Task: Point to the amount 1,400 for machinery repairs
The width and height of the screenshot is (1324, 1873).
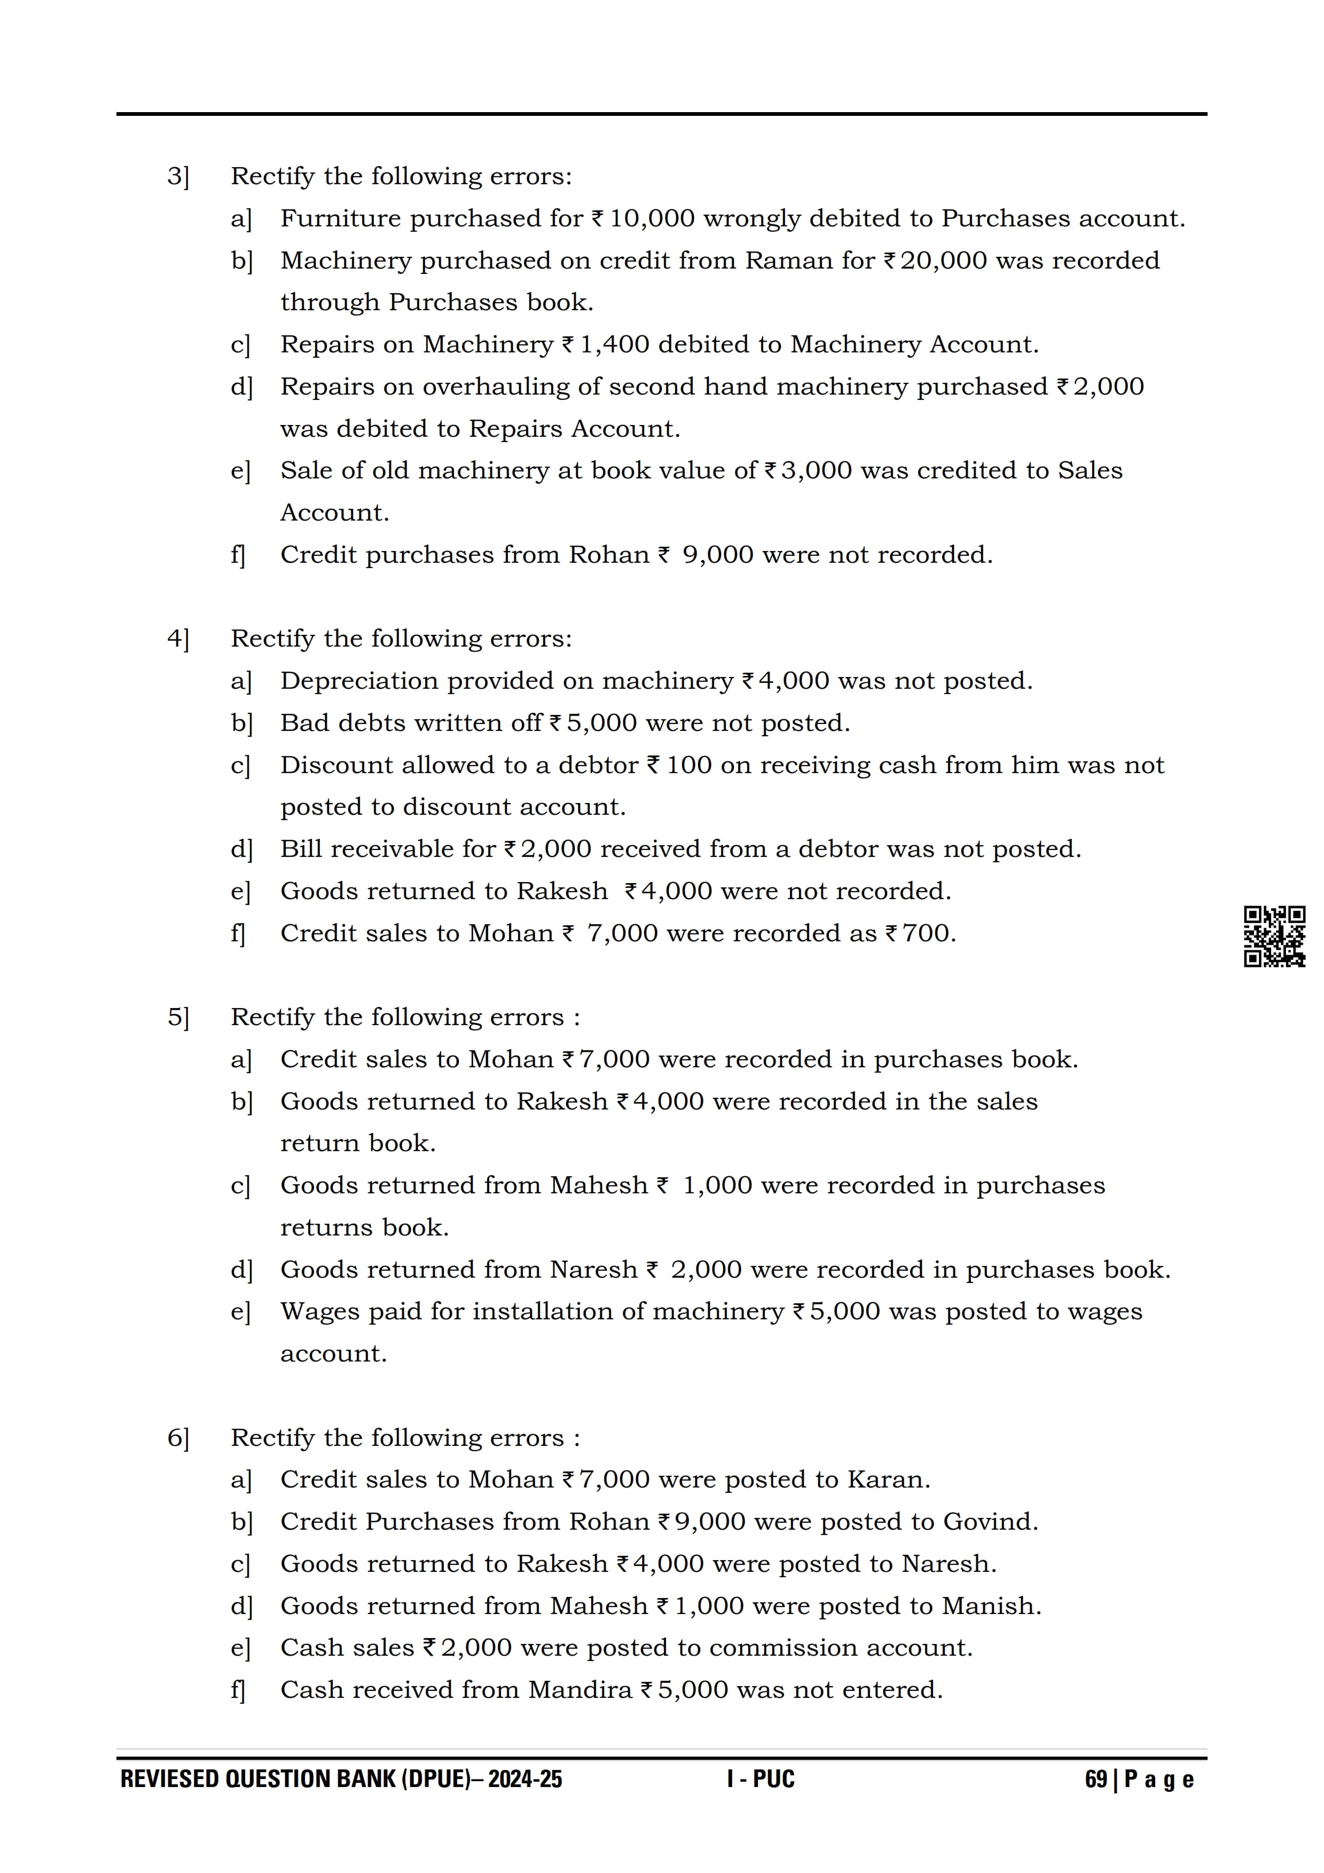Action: coord(614,344)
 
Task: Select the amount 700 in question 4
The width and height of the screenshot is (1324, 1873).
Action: coord(925,933)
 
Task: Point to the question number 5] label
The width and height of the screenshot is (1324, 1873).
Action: coord(178,1017)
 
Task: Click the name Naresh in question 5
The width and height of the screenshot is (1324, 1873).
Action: coord(593,1270)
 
